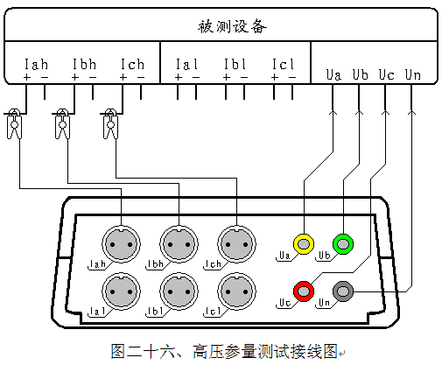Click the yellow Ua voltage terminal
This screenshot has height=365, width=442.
coord(304,244)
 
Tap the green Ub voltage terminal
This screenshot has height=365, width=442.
coord(343,244)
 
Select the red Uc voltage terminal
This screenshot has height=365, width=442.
coord(304,291)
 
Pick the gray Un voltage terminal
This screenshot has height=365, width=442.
coord(343,291)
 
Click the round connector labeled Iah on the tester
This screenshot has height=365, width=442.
coord(121,244)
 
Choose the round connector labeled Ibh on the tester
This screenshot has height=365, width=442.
coord(179,244)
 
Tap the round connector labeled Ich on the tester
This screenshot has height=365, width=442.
coord(236,244)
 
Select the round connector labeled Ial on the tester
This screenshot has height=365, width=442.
coord(121,291)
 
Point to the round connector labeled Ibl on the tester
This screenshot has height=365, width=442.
coord(179,291)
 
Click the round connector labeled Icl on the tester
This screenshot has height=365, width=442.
coord(236,291)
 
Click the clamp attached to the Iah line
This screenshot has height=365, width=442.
coord(14,123)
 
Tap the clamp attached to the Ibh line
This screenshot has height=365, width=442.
coord(62,123)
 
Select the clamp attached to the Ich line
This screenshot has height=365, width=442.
coord(110,123)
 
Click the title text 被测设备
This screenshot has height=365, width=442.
coord(232,26)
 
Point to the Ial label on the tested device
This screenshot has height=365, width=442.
coord(186,64)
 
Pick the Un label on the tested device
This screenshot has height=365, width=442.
coord(413,74)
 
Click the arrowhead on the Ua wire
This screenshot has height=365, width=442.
coord(333,112)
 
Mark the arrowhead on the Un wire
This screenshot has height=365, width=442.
coord(411,112)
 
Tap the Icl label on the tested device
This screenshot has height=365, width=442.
coord(283,64)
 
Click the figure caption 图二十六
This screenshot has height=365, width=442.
coord(143,351)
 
